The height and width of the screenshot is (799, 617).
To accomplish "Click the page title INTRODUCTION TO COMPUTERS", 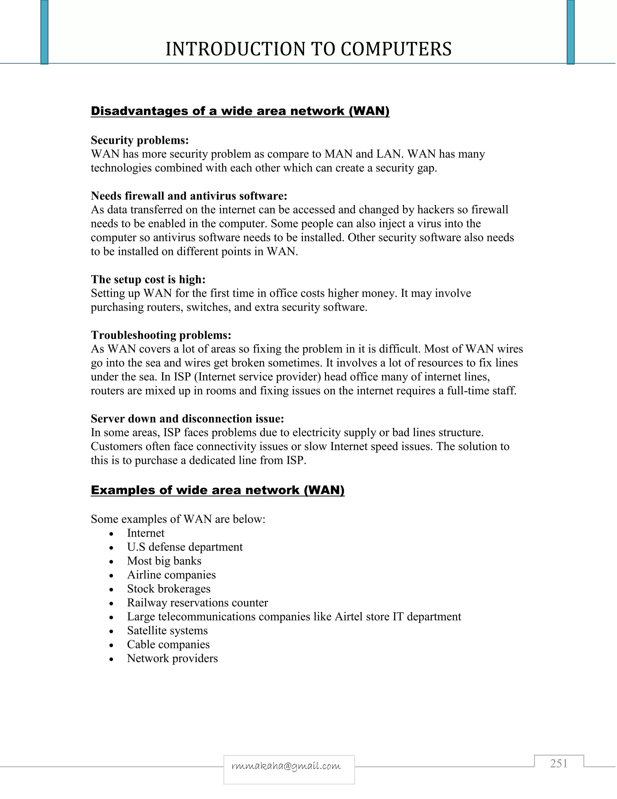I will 308,49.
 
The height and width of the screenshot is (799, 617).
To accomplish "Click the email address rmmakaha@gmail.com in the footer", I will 286,766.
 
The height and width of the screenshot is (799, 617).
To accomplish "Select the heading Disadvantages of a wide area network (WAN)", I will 240,111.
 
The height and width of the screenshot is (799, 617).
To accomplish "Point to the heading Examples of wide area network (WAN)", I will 218,490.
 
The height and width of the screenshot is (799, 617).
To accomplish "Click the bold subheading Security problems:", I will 139,140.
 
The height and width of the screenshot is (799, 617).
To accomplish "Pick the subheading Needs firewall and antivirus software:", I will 189,196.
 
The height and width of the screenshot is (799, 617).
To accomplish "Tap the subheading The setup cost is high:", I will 148,279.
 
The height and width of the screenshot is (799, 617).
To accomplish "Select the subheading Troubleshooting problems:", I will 161,335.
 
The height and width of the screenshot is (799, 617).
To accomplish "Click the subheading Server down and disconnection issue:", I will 187,418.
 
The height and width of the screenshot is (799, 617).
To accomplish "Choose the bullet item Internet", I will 146,533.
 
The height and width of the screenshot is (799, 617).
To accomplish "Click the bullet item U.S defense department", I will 185,547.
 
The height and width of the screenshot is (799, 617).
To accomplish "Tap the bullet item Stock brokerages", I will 168,589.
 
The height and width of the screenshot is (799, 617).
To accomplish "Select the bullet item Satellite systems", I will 167,630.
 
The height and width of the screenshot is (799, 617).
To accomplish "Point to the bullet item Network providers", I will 172,658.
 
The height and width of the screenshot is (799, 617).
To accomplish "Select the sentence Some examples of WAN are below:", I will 178,519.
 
